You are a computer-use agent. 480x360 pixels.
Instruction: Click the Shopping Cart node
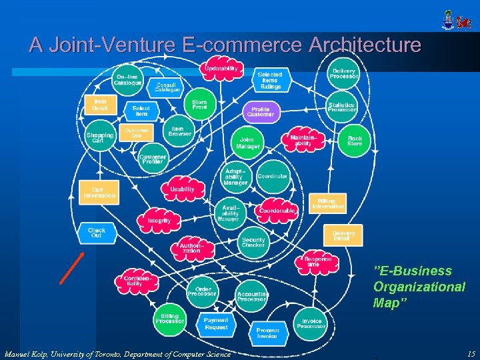100,137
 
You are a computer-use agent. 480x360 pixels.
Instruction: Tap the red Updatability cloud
221,70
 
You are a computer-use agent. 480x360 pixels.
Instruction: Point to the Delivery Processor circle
343,73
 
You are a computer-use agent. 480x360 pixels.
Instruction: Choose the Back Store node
355,141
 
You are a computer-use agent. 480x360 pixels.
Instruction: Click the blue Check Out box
97,233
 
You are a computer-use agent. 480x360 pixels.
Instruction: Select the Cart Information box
99,192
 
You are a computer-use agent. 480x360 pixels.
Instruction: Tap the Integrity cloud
159,219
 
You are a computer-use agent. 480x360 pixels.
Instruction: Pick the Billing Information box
327,203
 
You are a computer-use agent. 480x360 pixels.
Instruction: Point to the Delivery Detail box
343,235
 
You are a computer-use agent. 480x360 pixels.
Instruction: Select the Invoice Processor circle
311,323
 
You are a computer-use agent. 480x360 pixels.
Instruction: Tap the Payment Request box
216,324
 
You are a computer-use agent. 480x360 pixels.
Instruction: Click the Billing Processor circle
170,318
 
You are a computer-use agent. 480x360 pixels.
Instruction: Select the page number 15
471,354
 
